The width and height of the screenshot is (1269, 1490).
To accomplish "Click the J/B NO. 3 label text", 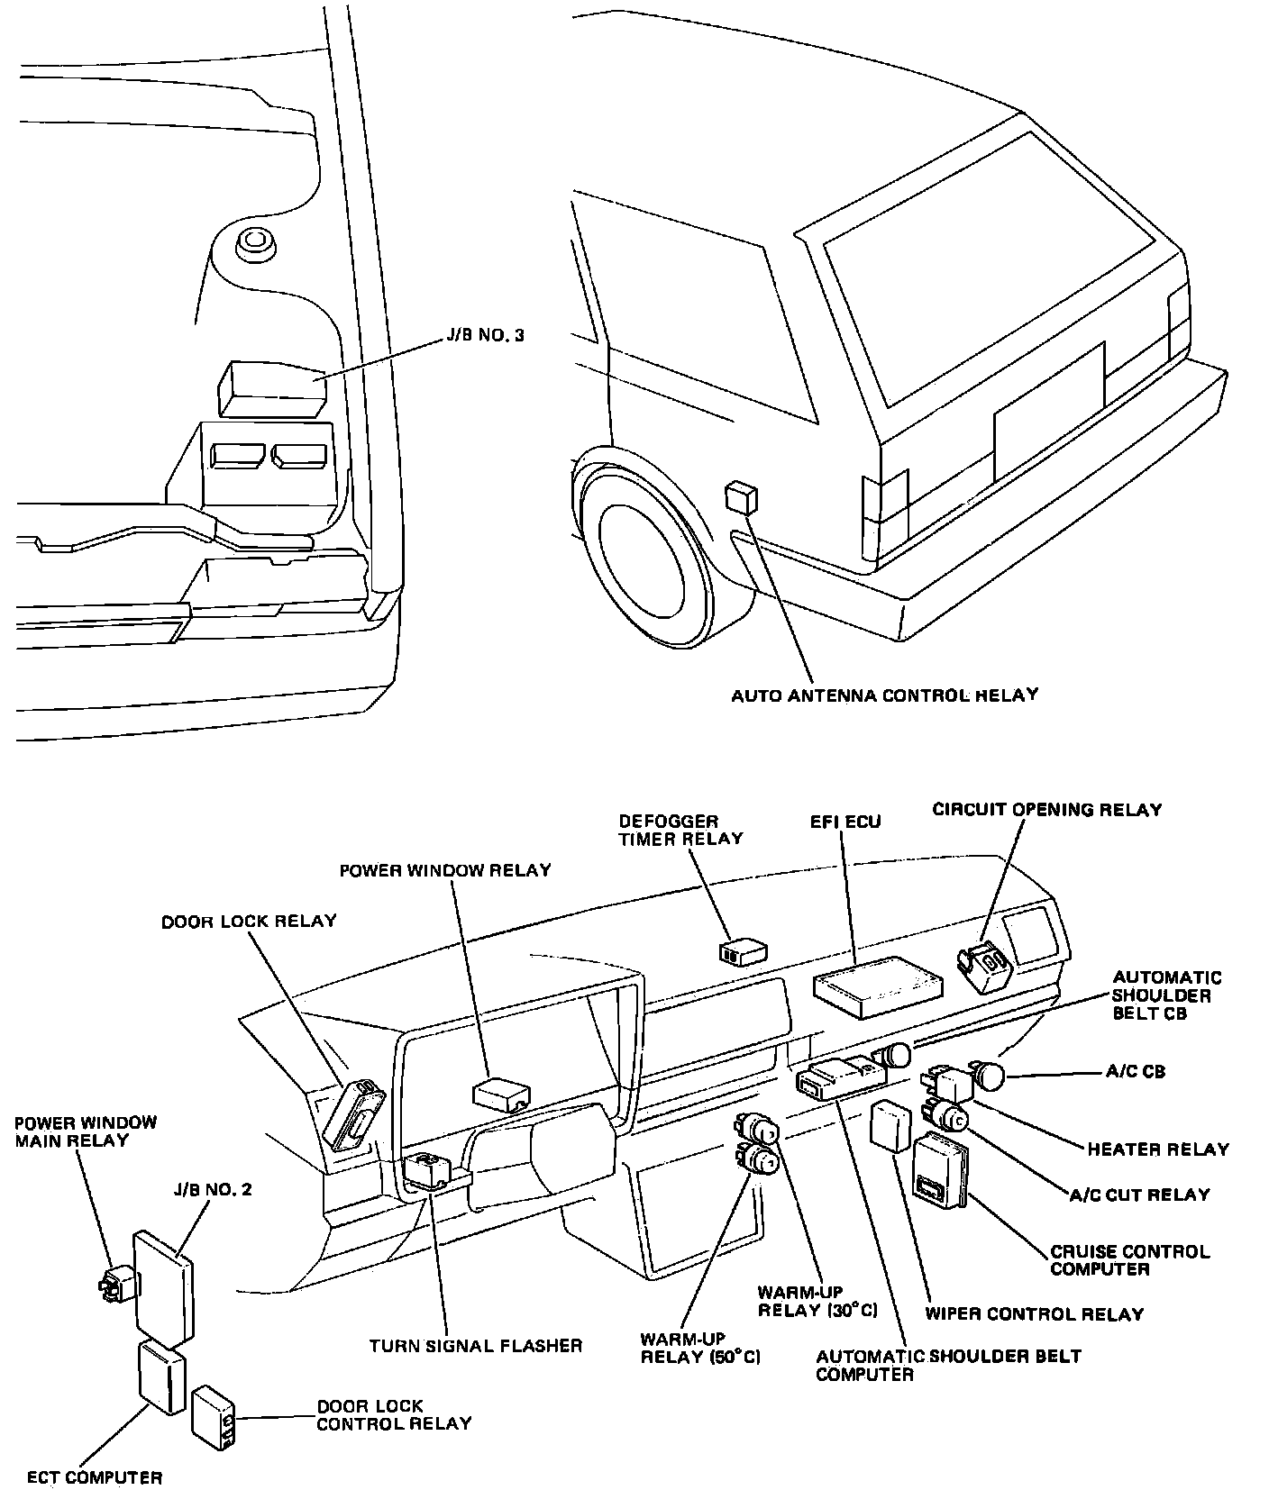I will coord(485,335).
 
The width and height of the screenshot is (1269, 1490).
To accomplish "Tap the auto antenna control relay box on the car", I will coord(741,498).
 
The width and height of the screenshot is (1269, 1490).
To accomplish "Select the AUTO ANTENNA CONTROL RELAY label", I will coord(884,695).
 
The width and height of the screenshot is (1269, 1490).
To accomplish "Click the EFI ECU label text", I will coord(844,822).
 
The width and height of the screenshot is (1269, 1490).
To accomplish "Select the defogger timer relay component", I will coord(743,951).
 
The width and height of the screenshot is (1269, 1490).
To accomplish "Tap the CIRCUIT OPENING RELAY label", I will coord(1047,809).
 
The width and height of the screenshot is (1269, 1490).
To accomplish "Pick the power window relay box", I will coord(500,1094).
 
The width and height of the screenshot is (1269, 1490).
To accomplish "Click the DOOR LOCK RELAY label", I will coord(249,922).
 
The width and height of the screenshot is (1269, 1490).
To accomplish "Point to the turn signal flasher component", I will coord(428,1172).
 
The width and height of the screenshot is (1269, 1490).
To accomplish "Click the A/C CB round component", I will coord(989,1075).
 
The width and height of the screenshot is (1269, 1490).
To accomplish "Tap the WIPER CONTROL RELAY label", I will coord(1034,1313).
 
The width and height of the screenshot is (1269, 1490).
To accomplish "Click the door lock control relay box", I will coord(214,1417).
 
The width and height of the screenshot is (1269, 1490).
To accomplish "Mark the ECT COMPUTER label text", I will coord(95,1476).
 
